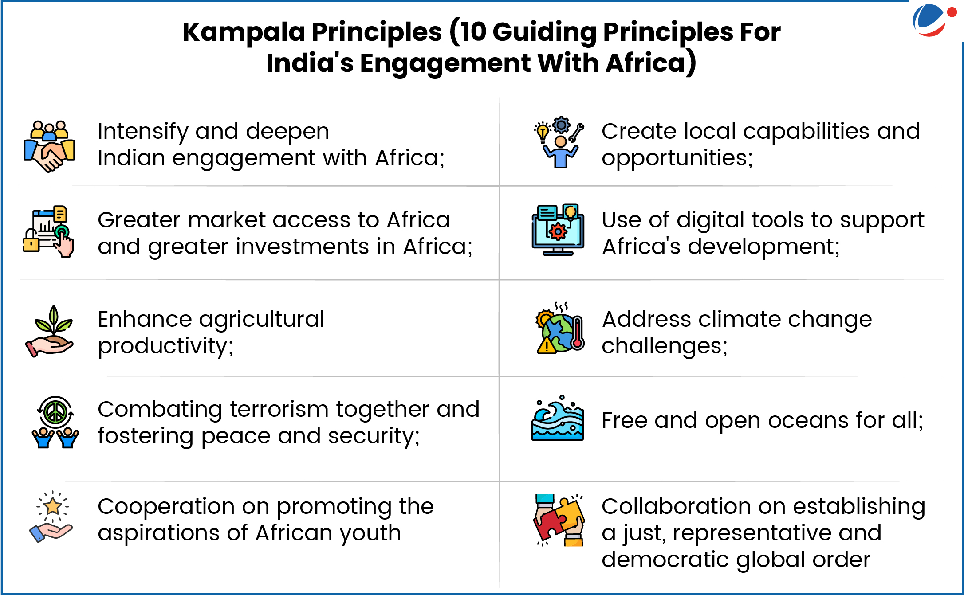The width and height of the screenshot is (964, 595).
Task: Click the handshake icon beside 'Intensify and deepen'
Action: pos(49,146)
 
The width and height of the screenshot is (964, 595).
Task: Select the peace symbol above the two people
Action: pos(55,412)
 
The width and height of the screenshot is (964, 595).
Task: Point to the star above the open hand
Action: pos(53,506)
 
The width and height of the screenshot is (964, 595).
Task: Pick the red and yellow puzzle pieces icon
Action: pos(559,520)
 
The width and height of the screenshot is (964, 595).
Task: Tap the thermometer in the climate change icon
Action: pos(577,333)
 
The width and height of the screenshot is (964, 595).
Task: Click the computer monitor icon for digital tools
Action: pos(558,230)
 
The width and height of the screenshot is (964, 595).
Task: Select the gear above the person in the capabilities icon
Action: pos(561,125)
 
